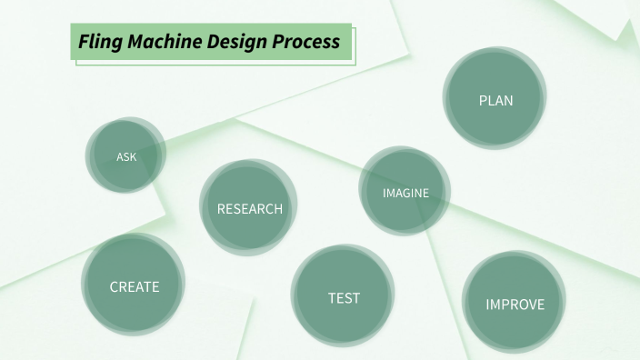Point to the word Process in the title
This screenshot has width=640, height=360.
(x=305, y=42)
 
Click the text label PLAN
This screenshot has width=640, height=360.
(x=495, y=100)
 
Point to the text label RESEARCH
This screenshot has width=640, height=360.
(x=249, y=209)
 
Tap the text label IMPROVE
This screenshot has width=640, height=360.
(x=515, y=305)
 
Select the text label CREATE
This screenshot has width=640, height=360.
(x=134, y=286)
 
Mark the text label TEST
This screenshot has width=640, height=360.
(x=344, y=297)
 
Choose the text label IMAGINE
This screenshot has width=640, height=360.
(x=405, y=193)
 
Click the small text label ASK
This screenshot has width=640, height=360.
(x=126, y=156)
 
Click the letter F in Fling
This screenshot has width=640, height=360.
(x=83, y=42)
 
